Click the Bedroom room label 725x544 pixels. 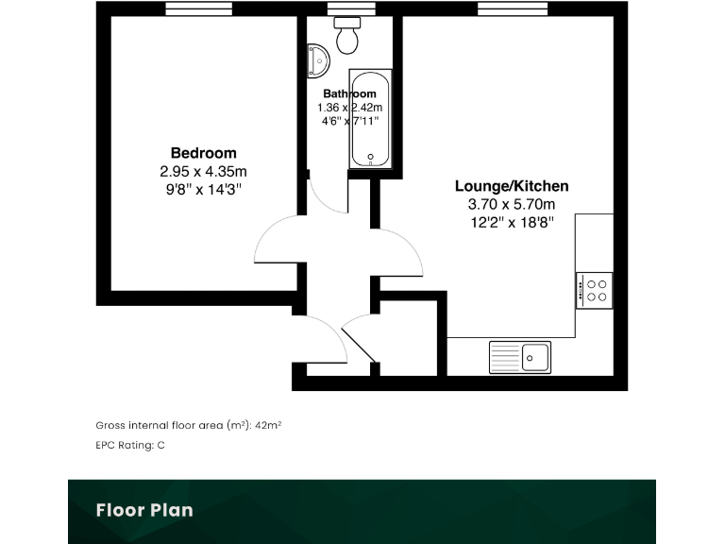click(203, 153)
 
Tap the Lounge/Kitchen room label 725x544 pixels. click(512, 186)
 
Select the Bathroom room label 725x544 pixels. click(349, 93)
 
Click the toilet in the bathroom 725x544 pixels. click(347, 35)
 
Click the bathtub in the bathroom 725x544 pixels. click(369, 119)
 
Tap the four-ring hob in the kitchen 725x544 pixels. click(595, 289)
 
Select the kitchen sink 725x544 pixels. click(520, 356)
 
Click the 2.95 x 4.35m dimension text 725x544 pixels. click(203, 172)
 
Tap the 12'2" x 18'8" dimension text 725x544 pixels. click(512, 222)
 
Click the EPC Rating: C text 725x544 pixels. click(130, 444)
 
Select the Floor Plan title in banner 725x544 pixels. click(144, 511)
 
